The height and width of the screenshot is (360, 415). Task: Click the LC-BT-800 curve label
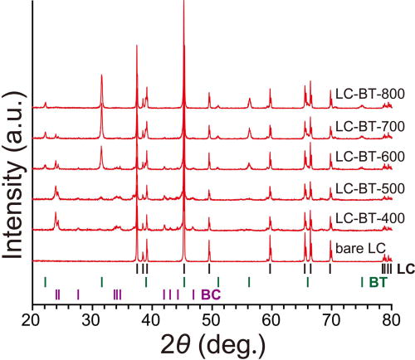369,94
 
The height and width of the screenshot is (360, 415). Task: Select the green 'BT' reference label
378,283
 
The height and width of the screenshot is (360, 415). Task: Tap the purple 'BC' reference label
211,294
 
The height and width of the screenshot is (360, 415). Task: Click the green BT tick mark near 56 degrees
249,282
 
